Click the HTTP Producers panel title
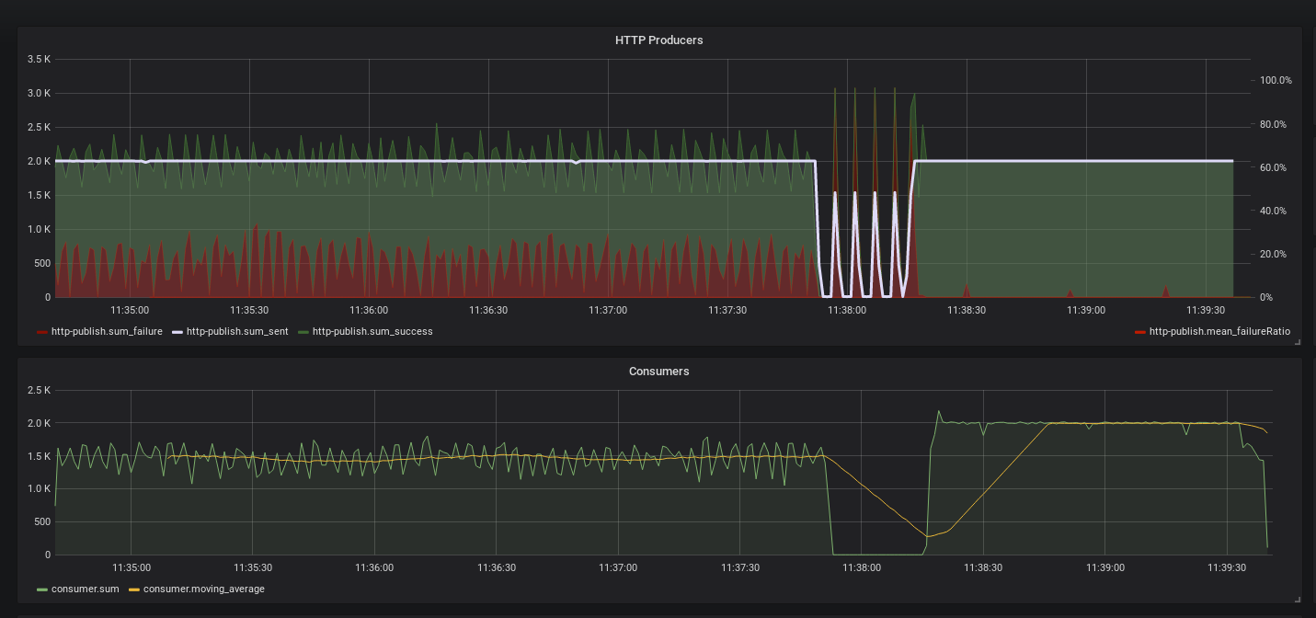click(x=658, y=40)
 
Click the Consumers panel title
click(x=658, y=372)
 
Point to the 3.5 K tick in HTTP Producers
click(x=40, y=59)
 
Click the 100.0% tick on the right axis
click(x=1276, y=80)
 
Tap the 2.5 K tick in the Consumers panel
click(x=40, y=390)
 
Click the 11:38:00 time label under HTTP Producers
click(x=846, y=310)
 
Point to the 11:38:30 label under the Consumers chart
click(x=982, y=567)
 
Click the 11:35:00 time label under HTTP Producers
click(x=130, y=310)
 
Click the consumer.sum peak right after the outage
click(x=939, y=411)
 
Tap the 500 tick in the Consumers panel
click(x=41, y=521)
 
